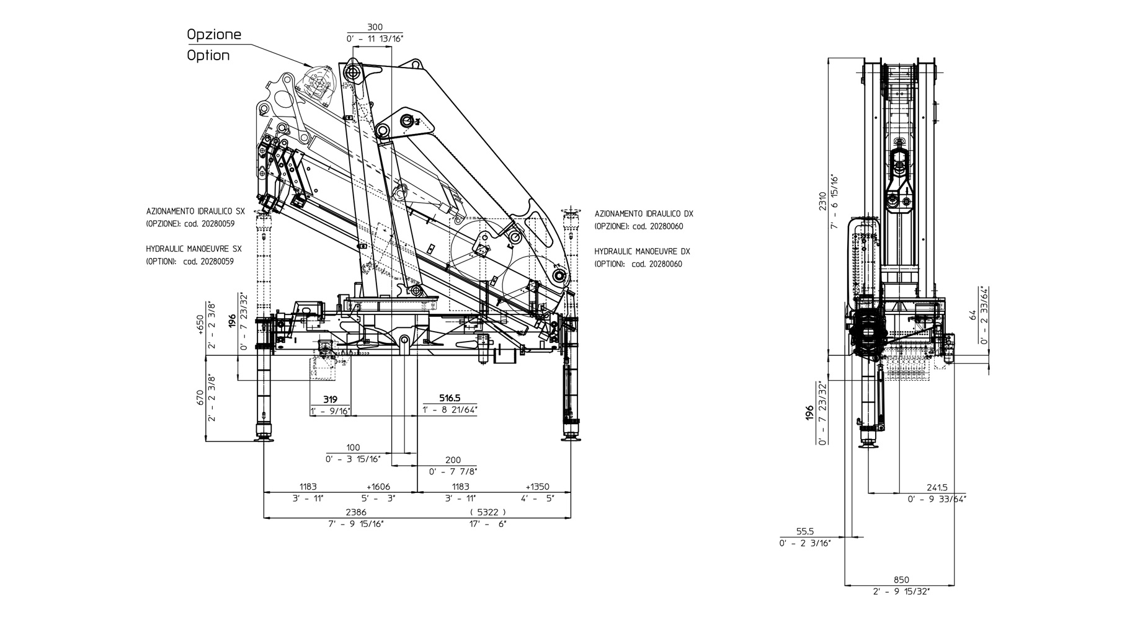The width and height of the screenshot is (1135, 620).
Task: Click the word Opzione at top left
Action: click(x=214, y=35)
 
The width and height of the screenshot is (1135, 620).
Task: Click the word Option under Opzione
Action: click(x=208, y=55)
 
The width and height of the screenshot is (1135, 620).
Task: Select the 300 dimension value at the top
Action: click(x=375, y=27)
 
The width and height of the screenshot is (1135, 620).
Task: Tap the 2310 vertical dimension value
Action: click(x=822, y=201)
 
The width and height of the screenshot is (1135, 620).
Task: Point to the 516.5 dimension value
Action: click(x=450, y=399)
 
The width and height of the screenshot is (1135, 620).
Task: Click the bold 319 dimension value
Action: click(x=330, y=399)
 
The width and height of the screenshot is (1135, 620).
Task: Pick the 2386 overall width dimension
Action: click(x=355, y=512)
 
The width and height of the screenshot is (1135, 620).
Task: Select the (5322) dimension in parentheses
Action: click(x=488, y=512)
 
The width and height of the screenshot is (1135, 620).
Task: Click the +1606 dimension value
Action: click(x=378, y=487)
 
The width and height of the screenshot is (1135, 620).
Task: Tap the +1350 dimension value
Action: click(x=537, y=487)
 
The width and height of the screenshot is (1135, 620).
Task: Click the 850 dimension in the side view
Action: click(x=901, y=580)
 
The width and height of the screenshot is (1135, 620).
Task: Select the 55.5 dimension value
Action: click(x=805, y=531)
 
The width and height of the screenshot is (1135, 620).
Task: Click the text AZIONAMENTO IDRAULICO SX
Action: click(x=195, y=211)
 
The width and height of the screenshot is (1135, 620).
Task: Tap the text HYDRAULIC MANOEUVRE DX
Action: click(x=642, y=252)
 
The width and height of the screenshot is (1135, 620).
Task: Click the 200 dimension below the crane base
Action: click(x=453, y=460)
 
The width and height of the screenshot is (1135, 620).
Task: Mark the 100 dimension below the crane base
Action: click(x=353, y=448)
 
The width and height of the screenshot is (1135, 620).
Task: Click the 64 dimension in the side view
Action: click(x=973, y=316)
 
